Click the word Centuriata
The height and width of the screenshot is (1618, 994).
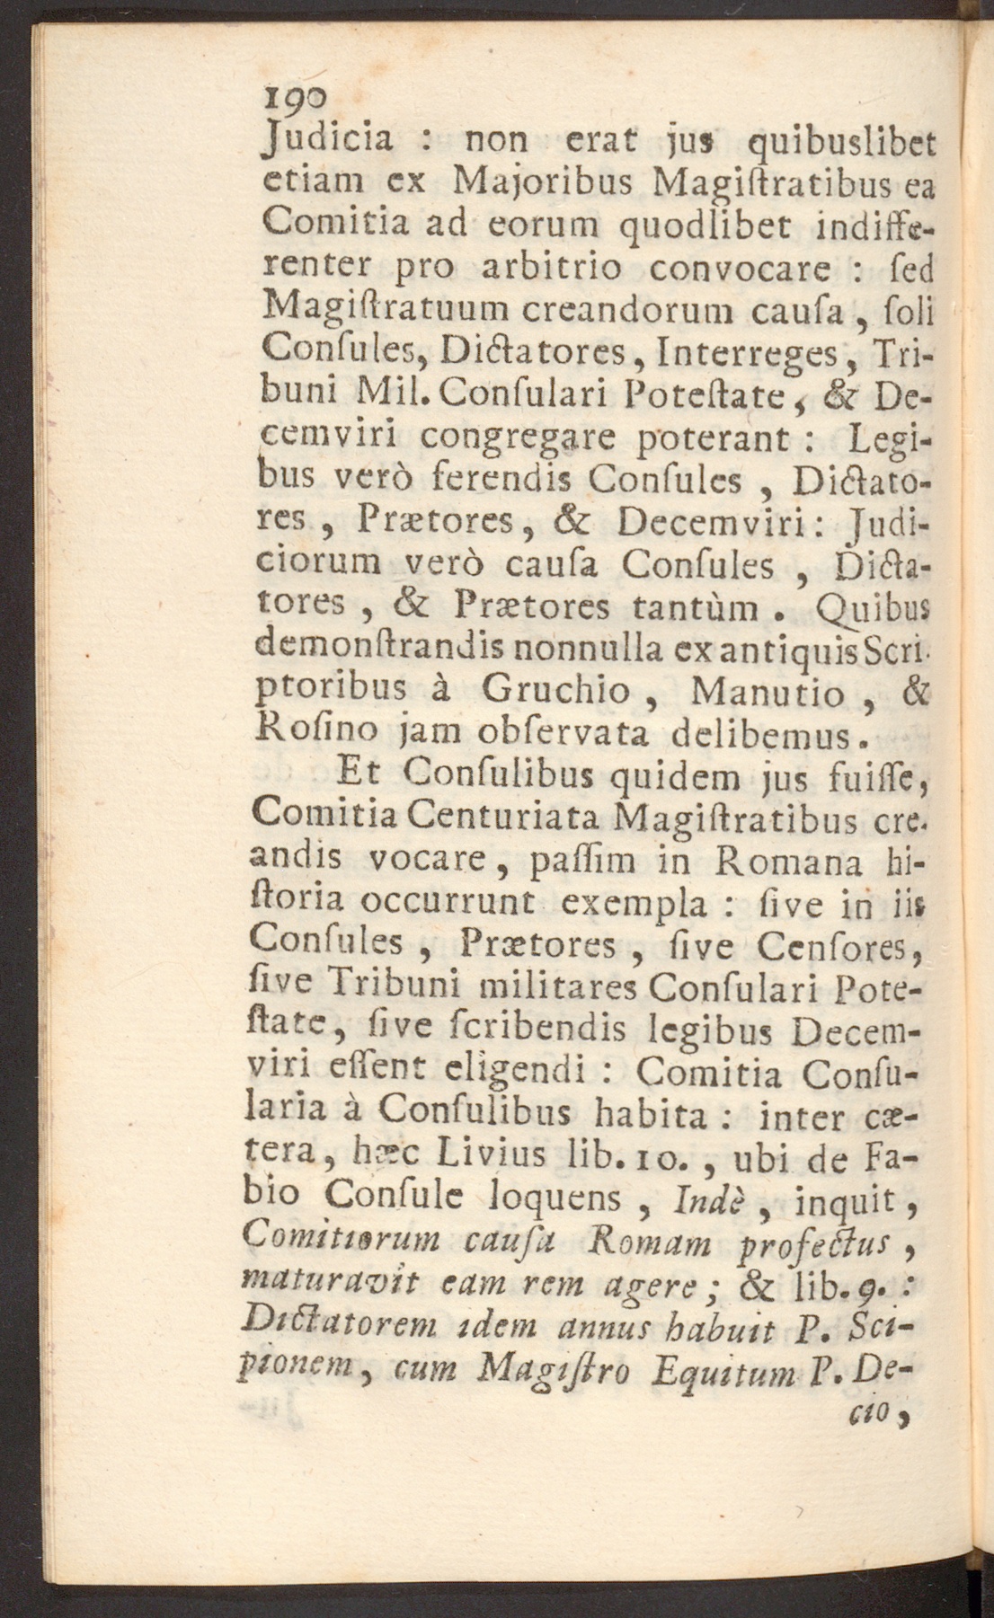[x=507, y=817]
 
